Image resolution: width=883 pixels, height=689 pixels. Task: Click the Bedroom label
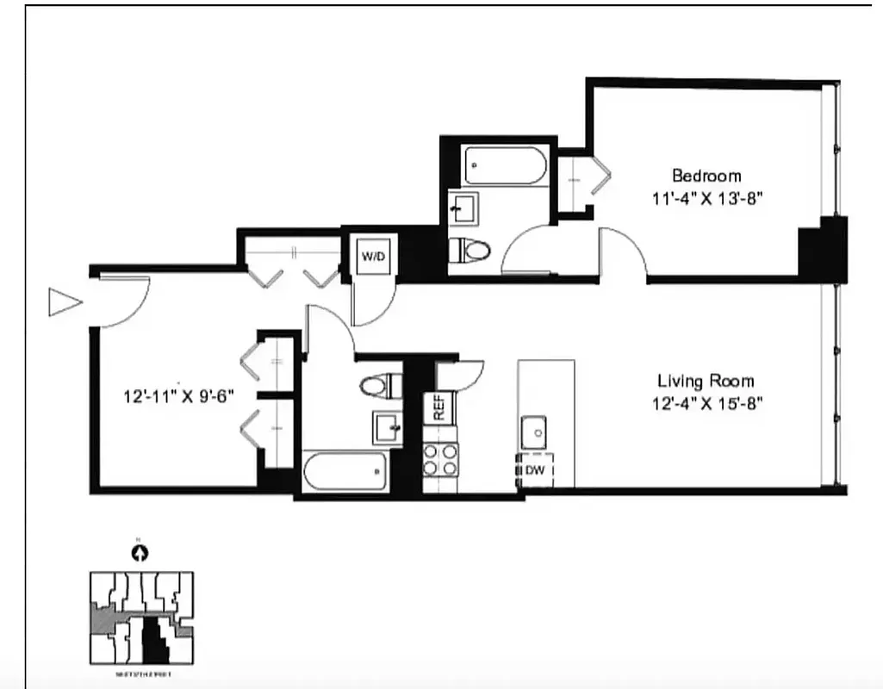706,176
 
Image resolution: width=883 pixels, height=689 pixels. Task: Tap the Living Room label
706,380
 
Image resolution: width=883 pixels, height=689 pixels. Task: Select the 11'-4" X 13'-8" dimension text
707,197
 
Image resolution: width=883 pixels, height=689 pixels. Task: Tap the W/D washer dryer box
373,257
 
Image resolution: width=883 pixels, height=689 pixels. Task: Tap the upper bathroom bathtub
506,165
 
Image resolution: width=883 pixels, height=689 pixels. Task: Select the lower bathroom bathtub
345,471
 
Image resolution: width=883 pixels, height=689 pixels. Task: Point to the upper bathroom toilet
469,251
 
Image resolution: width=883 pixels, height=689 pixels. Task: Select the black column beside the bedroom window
823,249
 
